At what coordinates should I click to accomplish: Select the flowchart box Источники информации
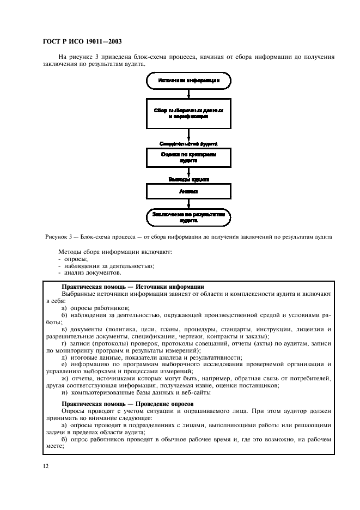point(188,80)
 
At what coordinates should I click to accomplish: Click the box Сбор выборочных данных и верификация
point(188,113)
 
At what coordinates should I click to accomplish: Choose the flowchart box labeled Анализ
point(188,191)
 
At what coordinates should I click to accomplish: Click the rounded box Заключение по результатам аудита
point(188,217)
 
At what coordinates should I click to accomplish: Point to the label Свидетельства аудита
point(188,144)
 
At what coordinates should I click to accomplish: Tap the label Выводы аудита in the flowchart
point(188,178)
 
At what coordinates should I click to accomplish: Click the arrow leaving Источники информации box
point(188,93)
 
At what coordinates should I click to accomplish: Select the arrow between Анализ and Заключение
point(188,204)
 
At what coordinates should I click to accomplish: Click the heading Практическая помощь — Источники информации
point(133,286)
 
